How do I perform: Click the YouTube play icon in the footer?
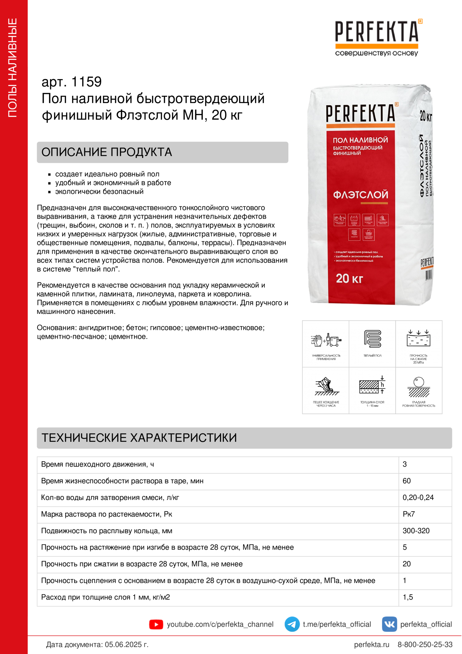coord(156,624)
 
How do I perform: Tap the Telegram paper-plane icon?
coord(292,624)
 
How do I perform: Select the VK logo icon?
coord(389,624)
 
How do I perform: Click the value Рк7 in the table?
coord(409,514)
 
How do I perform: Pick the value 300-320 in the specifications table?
coord(416,531)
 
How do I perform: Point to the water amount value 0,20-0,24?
coord(418,497)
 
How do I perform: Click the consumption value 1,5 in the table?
coord(407,597)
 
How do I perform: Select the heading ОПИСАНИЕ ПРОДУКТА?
coord(107,152)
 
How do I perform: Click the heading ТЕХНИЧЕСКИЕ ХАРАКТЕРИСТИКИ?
coord(139,438)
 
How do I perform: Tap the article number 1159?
coord(86,82)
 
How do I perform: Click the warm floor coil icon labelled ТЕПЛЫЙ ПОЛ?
coord(372,339)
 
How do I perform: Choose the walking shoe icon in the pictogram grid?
coord(326,386)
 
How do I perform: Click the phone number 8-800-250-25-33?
coord(425,644)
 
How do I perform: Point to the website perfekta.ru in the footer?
coord(371,644)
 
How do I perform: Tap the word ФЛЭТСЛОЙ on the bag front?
coord(360,195)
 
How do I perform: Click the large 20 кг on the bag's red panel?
coord(349,278)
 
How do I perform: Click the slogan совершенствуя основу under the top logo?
coord(376,53)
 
